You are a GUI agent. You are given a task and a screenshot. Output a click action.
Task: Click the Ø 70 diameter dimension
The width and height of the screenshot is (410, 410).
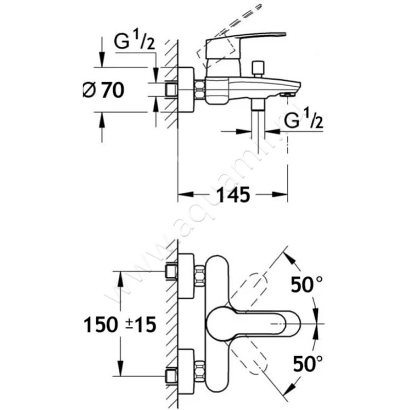103,90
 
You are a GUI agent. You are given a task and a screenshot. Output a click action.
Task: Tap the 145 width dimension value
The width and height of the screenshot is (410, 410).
233,195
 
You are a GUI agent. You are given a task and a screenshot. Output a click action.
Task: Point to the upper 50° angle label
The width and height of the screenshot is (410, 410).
307,283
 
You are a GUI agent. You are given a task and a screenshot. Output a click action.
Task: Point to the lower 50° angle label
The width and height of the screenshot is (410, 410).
307,364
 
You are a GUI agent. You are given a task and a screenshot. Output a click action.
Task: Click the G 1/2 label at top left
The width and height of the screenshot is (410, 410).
134,43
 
